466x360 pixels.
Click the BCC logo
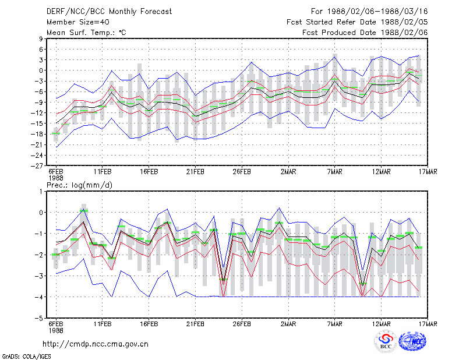tap(386, 342)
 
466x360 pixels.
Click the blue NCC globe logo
tap(412, 341)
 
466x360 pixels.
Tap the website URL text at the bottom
tap(96, 344)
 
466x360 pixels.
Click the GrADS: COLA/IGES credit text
tap(26, 357)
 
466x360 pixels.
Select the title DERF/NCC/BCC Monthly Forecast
tap(109, 12)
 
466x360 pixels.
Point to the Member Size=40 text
tap(78, 22)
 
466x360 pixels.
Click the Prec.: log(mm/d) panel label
tap(79, 185)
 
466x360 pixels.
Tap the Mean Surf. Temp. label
tap(86, 33)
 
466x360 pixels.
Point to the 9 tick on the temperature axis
tap(41, 38)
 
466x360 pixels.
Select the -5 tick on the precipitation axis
tap(39, 319)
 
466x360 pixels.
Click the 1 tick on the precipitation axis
tap(41, 192)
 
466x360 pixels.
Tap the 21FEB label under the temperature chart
tap(195, 172)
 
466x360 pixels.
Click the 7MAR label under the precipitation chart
tap(334, 324)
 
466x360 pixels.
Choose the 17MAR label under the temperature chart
tap(428, 172)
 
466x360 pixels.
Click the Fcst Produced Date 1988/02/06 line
tap(365, 33)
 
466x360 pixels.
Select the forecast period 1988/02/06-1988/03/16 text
tap(377, 12)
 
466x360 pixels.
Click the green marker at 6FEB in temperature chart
tap(56, 133)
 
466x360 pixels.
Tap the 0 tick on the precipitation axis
tap(41, 213)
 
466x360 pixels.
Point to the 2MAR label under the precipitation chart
tap(288, 324)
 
